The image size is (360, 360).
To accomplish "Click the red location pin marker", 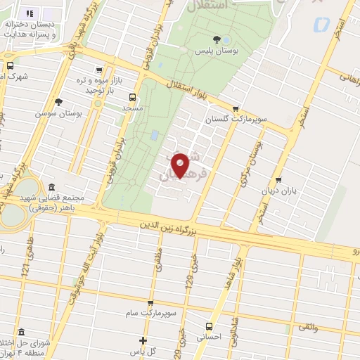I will (x=181, y=165).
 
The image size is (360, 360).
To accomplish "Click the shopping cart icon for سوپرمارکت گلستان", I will (x=236, y=108).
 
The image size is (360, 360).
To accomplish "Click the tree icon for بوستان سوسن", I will (x=58, y=103).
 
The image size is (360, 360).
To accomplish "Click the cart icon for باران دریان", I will (x=279, y=179).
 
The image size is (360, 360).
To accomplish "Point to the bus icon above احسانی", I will (x=210, y=326).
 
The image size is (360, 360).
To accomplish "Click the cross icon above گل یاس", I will (x=143, y=340).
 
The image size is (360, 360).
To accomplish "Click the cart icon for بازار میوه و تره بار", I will (x=98, y=70).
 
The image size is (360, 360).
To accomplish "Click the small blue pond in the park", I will (x=154, y=135).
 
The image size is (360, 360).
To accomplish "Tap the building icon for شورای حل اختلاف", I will (x=21, y=332).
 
